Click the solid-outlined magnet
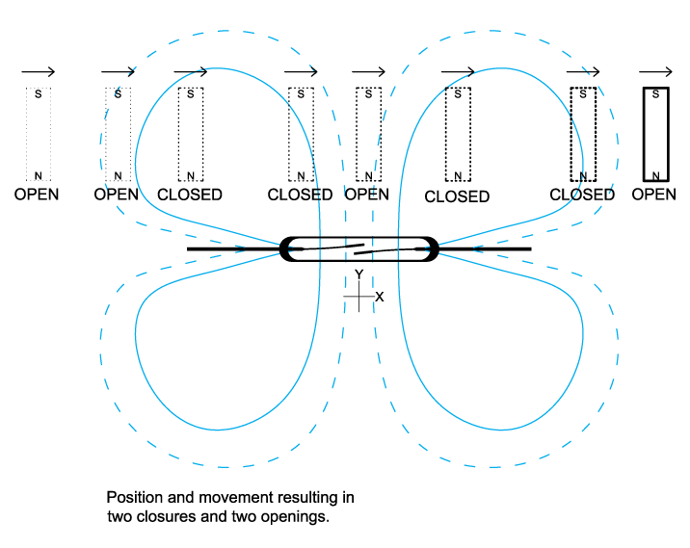click(655, 134)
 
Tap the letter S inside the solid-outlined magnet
click(655, 94)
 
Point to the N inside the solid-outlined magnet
click(655, 174)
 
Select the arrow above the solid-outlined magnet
click(655, 72)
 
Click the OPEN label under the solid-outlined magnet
click(654, 195)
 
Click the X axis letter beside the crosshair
click(379, 297)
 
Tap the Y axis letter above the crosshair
click(358, 275)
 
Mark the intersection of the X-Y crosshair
click(358, 297)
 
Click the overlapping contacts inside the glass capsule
click(358, 248)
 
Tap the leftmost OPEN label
click(37, 195)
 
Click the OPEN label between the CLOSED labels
click(366, 195)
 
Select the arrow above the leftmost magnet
click(38, 72)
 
